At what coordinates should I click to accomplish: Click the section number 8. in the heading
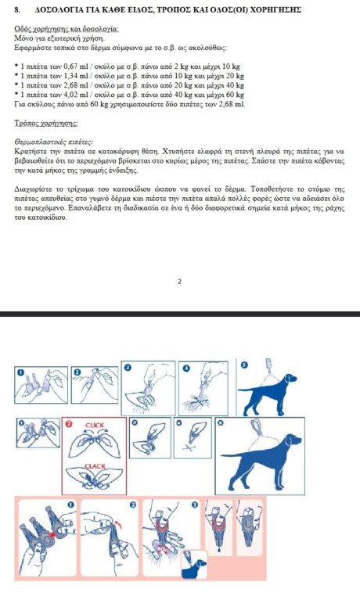(17, 9)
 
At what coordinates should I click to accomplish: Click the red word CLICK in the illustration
(95, 425)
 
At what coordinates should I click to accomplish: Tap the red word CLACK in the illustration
(95, 466)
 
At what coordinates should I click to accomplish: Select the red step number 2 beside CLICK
(68, 424)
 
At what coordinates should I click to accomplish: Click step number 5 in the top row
(243, 365)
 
